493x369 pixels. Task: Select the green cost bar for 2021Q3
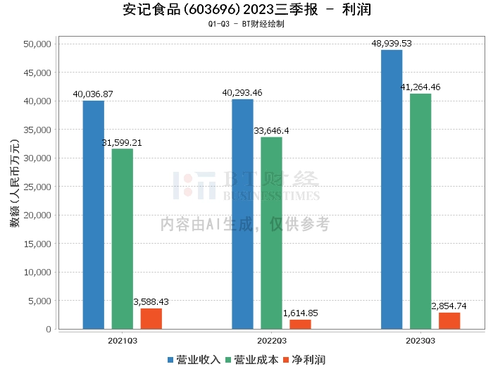click(122, 239)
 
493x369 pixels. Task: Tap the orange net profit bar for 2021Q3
click(151, 318)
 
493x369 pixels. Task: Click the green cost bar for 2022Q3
click(271, 233)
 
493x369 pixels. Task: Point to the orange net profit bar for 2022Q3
click(300, 324)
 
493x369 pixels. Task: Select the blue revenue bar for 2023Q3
click(392, 189)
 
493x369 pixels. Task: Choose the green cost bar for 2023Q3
click(420, 211)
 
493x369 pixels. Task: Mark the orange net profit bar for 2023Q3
click(449, 320)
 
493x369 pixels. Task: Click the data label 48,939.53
click(392, 43)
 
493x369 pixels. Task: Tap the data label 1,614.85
click(300, 313)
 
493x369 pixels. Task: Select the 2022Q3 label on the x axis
click(271, 339)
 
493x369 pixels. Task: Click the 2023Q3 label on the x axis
click(420, 339)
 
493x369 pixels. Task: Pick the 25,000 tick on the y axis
click(36, 187)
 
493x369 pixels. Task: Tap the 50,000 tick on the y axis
click(36, 44)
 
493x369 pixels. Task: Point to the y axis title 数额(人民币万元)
click(14, 187)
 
